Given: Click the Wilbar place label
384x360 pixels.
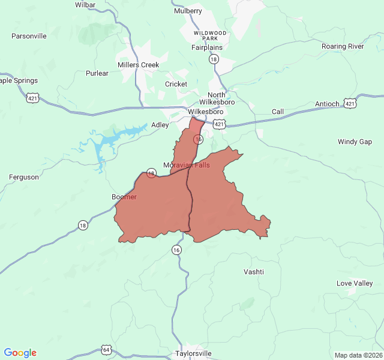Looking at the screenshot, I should pos(86,4).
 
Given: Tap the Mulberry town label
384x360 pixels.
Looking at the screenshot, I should pos(188,11).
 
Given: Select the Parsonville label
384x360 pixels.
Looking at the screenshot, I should pos(29,36).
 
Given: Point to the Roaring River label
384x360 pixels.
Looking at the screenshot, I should pos(342,46).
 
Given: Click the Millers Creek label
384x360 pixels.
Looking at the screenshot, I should pos(139,65).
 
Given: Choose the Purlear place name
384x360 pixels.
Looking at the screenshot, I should pos(97,73).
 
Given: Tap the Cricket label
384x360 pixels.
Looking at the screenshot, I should pos(176,84).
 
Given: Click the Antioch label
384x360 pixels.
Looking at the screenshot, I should pos(327,104).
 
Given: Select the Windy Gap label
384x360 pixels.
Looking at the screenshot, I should pos(355,142).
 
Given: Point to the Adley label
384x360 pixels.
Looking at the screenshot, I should pos(160,125).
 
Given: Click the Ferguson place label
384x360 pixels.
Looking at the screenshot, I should pos(24,177).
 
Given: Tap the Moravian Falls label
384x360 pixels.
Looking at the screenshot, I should pos(187,165).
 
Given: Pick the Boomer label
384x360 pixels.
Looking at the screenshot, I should pos(124,197).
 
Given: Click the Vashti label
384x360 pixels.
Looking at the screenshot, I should pos(254,272).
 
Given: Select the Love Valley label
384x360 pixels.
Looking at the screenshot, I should pos(355,283).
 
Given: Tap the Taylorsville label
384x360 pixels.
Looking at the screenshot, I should pos(193,353).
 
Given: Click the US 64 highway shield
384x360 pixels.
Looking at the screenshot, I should pos(106,349).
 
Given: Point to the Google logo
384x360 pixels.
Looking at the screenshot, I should pos(20,353).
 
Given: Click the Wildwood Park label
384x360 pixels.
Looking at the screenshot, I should pos(210,35).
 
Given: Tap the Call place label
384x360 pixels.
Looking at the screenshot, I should pos(278,112).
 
